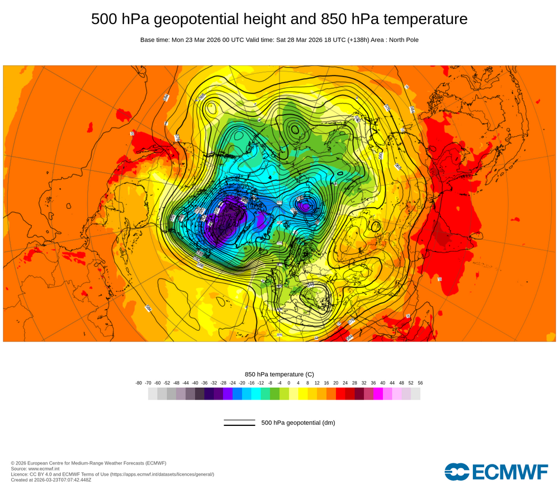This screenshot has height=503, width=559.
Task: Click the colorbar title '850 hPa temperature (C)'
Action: pos(279,374)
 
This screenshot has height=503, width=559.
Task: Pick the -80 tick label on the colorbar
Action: pos(139,383)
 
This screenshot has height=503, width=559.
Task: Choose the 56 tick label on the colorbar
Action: pos(420,383)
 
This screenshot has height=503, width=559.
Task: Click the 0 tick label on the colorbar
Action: pos(289,383)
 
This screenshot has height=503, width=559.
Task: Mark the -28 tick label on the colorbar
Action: pos(223,383)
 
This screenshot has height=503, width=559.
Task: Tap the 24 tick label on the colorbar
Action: pos(345,383)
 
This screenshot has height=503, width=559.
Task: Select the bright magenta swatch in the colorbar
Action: pos(378,393)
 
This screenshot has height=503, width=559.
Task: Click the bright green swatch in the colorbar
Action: pos(274,393)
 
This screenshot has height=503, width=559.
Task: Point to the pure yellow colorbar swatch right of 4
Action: pos(303,393)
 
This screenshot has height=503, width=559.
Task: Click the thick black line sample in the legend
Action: pos(239,425)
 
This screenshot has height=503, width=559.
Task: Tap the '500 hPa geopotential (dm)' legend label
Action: pos(298,423)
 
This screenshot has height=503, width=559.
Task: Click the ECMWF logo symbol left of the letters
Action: pos(457,472)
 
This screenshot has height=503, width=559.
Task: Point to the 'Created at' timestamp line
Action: pos(51,480)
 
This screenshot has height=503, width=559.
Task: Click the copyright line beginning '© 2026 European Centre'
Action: pos(88,463)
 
